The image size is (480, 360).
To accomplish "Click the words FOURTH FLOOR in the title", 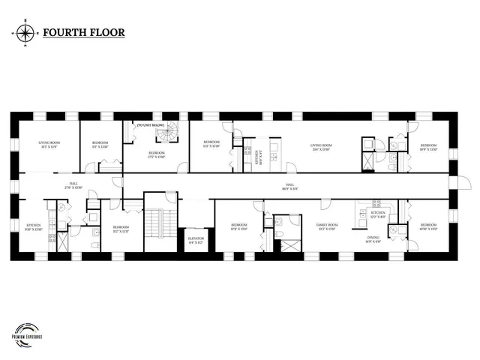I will [84, 33].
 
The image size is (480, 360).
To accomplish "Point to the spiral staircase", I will [164, 134].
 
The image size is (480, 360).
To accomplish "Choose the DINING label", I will [373, 240].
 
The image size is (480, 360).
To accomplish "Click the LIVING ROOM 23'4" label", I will [321, 148].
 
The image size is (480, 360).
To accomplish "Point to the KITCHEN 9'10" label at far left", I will [34, 227].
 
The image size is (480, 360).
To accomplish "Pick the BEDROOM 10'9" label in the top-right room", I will [428, 147].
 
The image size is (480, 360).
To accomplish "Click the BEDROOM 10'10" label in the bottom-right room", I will [428, 227].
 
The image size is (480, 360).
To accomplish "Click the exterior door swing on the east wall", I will [463, 186].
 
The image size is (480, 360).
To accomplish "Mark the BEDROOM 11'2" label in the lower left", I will [120, 229].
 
